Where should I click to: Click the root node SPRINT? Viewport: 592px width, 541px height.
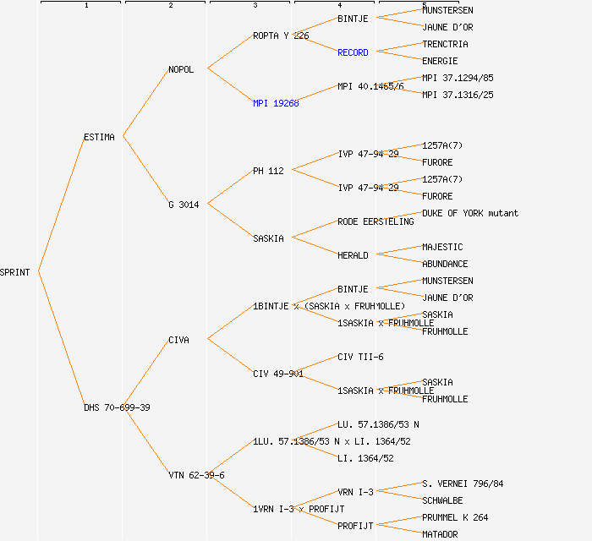point(15,272)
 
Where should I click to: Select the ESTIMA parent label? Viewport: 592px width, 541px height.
point(99,137)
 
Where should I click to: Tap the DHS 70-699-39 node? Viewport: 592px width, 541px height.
point(117,407)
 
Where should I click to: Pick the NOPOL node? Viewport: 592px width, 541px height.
point(181,69)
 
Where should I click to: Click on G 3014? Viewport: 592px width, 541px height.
point(184,205)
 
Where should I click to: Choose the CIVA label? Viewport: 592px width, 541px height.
point(178,340)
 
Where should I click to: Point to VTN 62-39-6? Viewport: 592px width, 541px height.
point(196,475)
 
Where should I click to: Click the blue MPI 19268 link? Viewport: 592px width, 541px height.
point(276,103)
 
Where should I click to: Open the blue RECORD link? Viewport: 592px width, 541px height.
point(353,52)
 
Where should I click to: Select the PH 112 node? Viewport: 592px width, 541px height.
point(268,171)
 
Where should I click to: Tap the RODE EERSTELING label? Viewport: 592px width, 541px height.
point(375,221)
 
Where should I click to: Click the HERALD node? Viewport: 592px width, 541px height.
point(353,255)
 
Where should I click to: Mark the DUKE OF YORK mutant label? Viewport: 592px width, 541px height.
point(470,213)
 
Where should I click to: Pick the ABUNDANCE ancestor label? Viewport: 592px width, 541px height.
point(445,264)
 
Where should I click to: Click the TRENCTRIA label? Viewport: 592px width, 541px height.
point(445,44)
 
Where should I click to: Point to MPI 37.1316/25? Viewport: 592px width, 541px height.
point(458,95)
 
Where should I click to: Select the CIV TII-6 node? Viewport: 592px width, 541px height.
point(360,357)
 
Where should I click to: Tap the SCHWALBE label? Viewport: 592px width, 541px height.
point(442,500)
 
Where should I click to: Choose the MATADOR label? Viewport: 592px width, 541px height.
point(440,534)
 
